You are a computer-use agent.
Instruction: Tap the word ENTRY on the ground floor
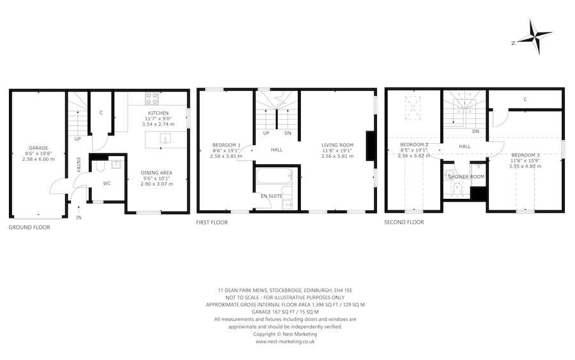tap(79, 165)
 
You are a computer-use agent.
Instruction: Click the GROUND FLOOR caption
tap(29, 227)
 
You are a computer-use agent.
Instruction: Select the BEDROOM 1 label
tap(226, 145)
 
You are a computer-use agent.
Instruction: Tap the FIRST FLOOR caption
tap(212, 223)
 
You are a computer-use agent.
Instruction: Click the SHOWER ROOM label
tap(466, 176)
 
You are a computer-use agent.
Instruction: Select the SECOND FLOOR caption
tap(404, 223)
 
